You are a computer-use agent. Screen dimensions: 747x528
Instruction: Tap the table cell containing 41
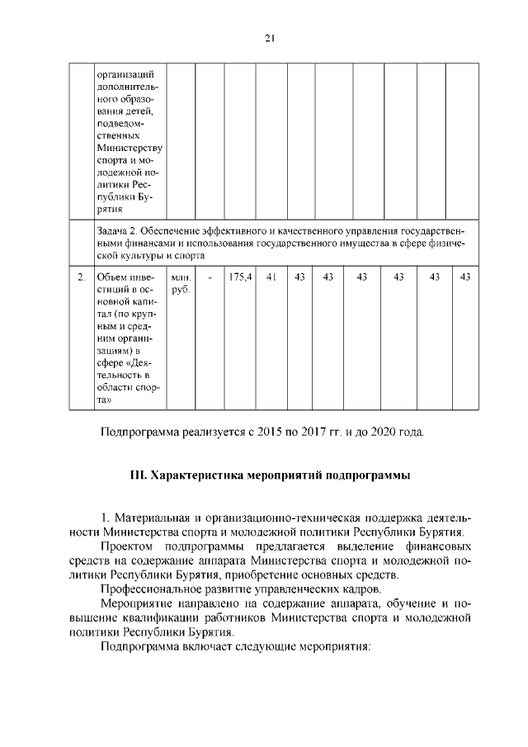click(x=270, y=277)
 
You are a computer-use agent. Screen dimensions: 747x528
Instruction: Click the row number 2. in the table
click(x=81, y=277)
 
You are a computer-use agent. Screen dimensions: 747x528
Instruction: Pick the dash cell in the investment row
click(x=210, y=277)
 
